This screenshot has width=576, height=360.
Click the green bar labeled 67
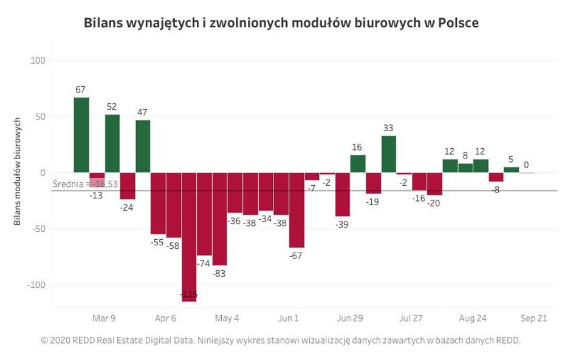click(x=81, y=135)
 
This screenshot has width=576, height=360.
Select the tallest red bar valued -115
click(x=189, y=237)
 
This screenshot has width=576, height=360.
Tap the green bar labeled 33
click(x=389, y=154)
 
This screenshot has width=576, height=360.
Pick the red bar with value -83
click(x=219, y=219)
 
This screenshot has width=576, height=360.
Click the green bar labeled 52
click(x=112, y=143)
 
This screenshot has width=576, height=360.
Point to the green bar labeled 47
click(x=143, y=146)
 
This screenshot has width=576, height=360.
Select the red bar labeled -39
click(x=343, y=194)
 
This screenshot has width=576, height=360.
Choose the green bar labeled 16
click(x=358, y=164)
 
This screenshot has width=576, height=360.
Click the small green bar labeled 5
click(x=512, y=170)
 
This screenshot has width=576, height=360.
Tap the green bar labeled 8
click(x=465, y=168)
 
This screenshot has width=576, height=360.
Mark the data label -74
click(x=204, y=263)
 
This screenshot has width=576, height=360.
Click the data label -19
click(x=372, y=202)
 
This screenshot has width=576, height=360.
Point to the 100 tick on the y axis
click(x=38, y=61)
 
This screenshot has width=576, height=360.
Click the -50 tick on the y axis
click(x=38, y=229)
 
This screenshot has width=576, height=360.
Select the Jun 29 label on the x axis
click(x=350, y=318)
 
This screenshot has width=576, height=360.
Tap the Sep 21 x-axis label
click(x=534, y=318)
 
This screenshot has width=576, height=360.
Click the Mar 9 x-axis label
click(x=104, y=318)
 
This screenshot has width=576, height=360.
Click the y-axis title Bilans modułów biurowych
click(x=18, y=172)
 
